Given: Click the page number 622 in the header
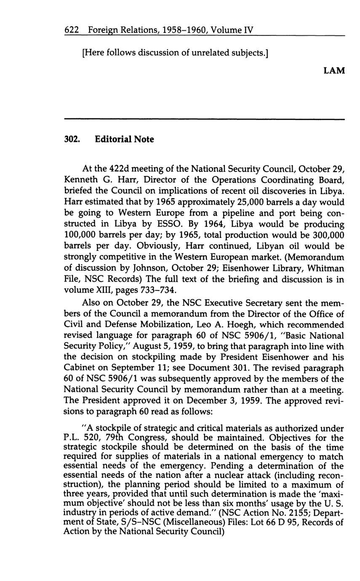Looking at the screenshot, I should point(72,30).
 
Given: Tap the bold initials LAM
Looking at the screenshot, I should point(334,71).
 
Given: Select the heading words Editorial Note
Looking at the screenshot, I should point(125,139).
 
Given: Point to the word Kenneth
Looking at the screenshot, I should point(80,180).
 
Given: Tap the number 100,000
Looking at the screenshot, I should point(83,235).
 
